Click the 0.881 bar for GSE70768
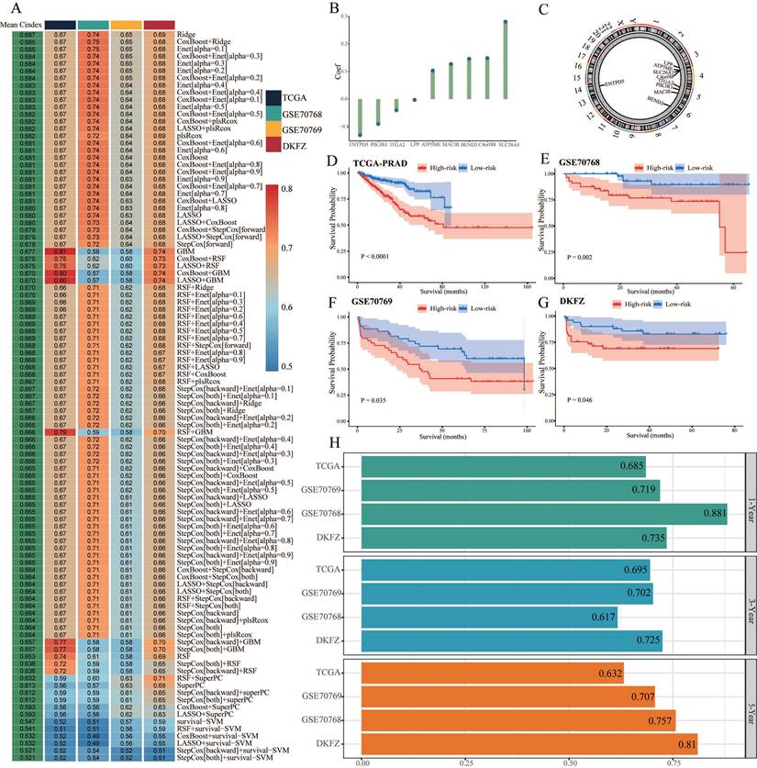click(x=543, y=513)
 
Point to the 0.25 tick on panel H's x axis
click(x=467, y=762)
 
